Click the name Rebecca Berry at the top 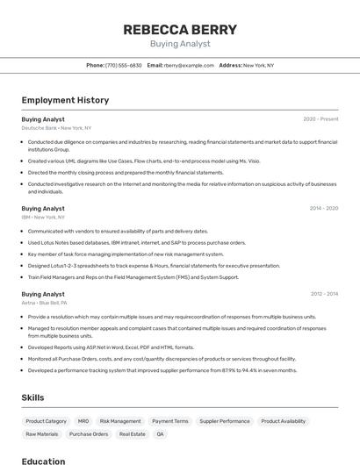click(179, 29)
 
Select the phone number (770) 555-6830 click(123, 65)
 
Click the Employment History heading click(65, 100)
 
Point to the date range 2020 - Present click(320, 119)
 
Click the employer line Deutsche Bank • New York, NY click(56, 128)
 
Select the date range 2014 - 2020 click(323, 209)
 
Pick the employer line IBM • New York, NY click(43, 218)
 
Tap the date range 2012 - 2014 click(323, 295)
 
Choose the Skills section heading click(33, 397)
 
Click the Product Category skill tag click(46, 421)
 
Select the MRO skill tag click(83, 421)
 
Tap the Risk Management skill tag click(120, 421)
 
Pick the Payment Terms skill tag click(169, 421)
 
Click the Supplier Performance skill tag click(224, 421)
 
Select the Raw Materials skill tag click(42, 434)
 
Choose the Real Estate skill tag click(132, 434)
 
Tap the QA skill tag click(160, 434)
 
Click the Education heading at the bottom click(43, 461)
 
